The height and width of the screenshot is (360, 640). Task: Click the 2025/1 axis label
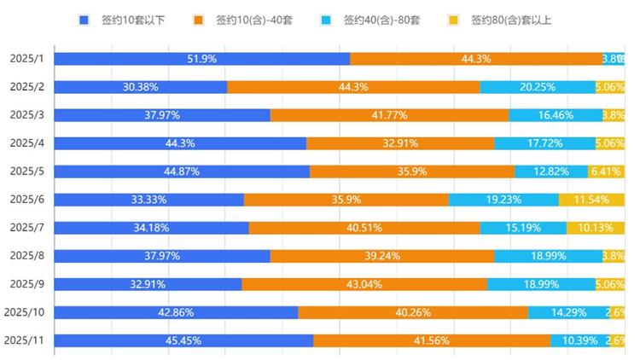coord(26,59)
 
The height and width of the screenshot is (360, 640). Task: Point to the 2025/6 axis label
coord(26,200)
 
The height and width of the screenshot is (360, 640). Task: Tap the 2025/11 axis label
coord(24,340)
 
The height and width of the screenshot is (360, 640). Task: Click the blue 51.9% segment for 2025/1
coord(201,59)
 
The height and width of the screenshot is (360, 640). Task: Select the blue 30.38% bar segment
coord(140,87)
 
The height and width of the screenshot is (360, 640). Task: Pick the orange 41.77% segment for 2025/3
coord(389,115)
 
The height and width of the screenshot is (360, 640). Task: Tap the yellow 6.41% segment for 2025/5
coord(606,171)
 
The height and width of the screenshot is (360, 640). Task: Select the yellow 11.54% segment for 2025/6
coord(591,200)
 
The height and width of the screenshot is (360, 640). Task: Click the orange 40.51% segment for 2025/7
coord(364,228)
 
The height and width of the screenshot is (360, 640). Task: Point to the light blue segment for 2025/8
coord(548,256)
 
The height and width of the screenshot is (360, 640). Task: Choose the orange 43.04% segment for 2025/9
coord(364,284)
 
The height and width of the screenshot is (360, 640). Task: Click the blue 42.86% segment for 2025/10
coord(175,312)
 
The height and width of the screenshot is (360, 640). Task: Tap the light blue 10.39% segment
coord(579,340)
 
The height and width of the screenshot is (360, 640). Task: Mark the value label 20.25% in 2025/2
coord(538,87)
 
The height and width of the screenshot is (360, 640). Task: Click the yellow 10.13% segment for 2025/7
coord(596,228)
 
